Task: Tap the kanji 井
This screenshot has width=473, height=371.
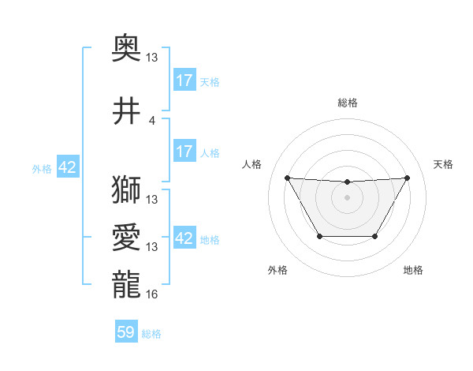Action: click(127, 111)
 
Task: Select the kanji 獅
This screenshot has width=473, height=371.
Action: click(127, 189)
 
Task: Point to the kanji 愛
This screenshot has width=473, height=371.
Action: click(127, 238)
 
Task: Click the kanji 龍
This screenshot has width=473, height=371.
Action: click(127, 285)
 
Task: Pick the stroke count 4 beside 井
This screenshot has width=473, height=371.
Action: click(152, 121)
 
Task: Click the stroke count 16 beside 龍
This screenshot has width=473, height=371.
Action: click(152, 294)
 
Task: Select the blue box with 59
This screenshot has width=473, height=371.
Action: click(126, 333)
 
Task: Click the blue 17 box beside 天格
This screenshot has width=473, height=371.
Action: click(184, 81)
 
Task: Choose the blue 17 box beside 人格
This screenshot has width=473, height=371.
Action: click(184, 151)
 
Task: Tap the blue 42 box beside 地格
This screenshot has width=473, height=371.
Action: click(184, 239)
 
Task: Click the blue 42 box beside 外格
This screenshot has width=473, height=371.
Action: click(67, 168)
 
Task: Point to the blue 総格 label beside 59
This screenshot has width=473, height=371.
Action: click(152, 334)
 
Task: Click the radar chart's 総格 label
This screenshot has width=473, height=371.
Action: click(347, 103)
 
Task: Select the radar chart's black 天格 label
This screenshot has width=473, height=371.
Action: click(444, 164)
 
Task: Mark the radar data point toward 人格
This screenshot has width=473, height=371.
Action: click(287, 178)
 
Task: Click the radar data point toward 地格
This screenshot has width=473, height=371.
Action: click(375, 236)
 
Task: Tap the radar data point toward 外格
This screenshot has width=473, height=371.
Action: click(319, 236)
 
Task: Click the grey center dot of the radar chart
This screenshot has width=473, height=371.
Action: click(347, 197)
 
